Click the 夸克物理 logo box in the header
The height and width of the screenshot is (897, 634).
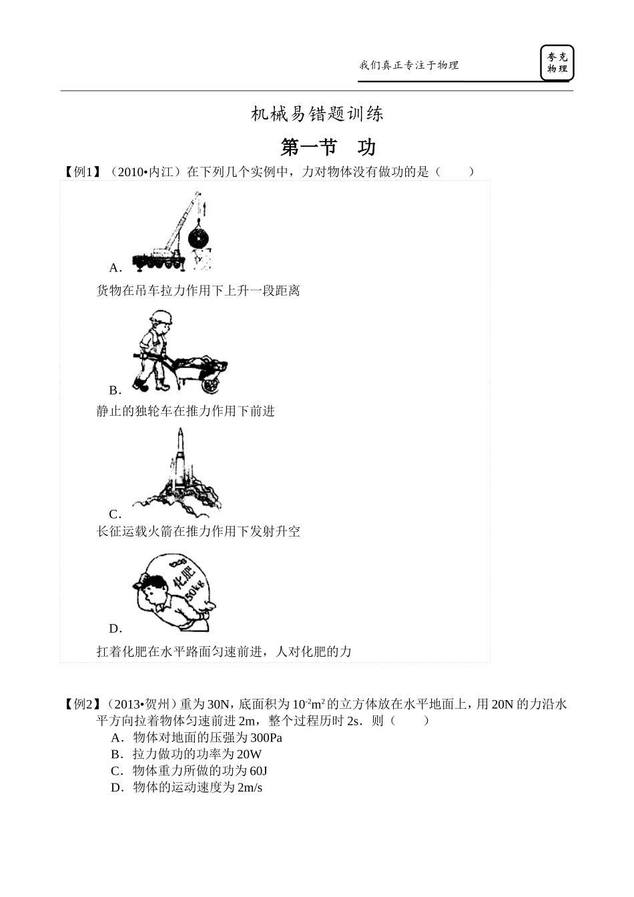(557, 63)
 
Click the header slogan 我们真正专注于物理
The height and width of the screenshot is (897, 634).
(409, 65)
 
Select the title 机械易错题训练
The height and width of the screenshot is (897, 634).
(317, 114)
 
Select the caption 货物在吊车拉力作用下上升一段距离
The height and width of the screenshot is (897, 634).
(198, 290)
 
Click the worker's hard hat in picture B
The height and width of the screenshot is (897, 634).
(161, 317)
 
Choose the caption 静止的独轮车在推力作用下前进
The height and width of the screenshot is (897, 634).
(186, 411)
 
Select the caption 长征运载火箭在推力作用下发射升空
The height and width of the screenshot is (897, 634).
(198, 531)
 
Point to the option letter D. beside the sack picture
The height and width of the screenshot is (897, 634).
(115, 628)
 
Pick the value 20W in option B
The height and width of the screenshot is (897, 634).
(249, 754)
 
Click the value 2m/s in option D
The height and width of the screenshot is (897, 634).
(250, 788)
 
